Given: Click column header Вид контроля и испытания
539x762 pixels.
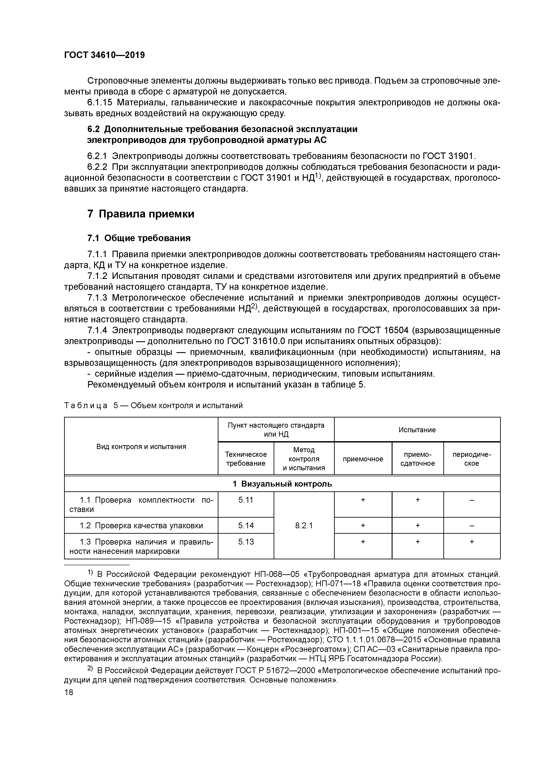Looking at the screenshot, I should (x=141, y=446).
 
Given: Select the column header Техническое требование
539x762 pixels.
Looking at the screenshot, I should (x=246, y=459).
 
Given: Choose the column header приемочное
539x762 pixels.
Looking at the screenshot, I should (x=363, y=459).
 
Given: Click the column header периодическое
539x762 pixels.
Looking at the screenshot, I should (x=472, y=459).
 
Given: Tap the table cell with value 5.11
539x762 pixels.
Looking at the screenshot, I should (x=246, y=500).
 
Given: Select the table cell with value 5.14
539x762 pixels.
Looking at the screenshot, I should (x=246, y=526).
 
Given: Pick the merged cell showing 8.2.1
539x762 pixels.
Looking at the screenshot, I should (x=304, y=526).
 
